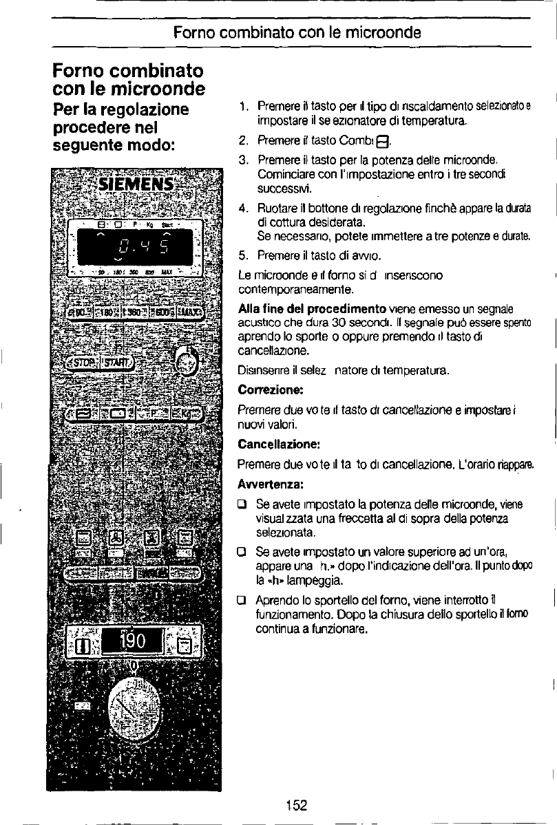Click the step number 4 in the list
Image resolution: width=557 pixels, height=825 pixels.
coord(242,207)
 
